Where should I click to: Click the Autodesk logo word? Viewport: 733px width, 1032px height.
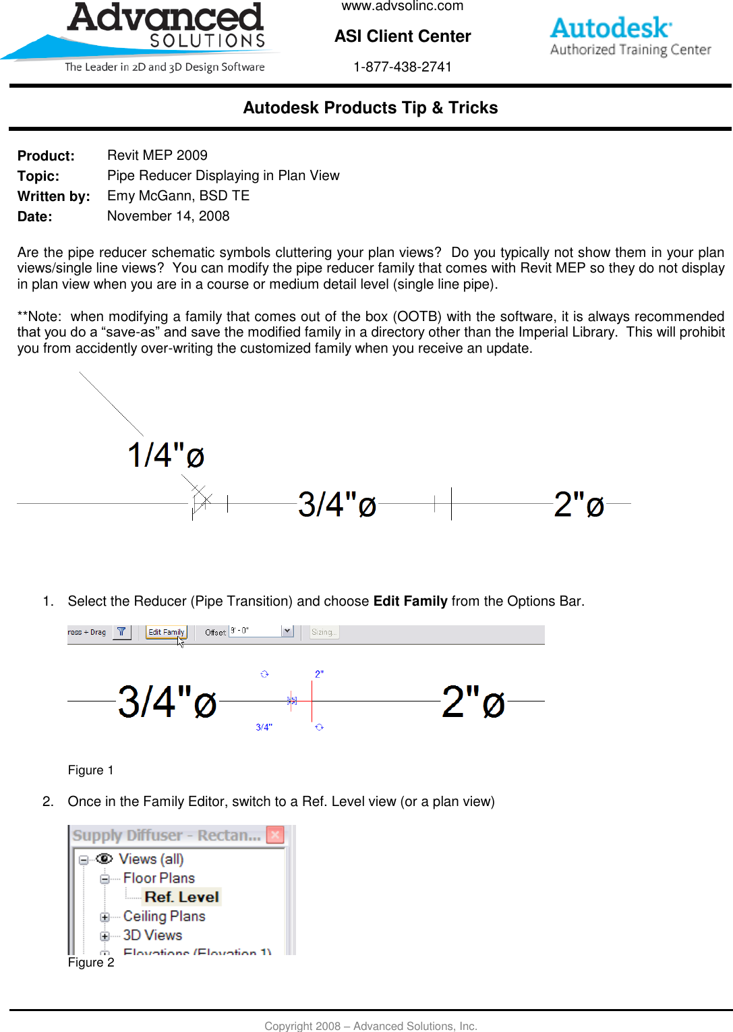coord(610,28)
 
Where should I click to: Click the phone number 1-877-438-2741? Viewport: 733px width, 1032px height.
coord(403,67)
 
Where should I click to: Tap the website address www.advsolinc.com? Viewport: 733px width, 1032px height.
coord(403,6)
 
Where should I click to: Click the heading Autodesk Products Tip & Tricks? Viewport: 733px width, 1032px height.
coord(370,108)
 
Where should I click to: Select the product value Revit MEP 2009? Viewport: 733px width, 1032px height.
coord(157,155)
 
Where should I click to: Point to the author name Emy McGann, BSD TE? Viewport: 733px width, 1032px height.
coord(178,196)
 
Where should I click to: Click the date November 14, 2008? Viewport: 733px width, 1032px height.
coord(168,216)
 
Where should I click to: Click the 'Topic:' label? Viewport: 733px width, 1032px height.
coord(38,176)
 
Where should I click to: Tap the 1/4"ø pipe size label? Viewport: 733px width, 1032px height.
coord(166,455)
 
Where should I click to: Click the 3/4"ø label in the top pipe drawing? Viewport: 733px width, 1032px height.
coord(336,505)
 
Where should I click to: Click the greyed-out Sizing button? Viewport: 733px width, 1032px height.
coord(324,632)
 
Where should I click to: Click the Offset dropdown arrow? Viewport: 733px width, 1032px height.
coord(287,631)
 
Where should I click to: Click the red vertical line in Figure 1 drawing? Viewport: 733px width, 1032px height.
coord(312,701)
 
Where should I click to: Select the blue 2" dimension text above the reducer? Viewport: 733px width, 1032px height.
coord(319,674)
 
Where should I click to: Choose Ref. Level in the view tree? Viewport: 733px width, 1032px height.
coord(181,897)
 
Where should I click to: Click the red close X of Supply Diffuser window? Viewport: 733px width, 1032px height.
coord(275,835)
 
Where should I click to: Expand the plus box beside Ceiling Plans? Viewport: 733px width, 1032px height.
coord(105,917)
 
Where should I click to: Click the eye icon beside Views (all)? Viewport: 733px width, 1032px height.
coord(104,859)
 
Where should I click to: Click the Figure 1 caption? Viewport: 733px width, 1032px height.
coord(90,770)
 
